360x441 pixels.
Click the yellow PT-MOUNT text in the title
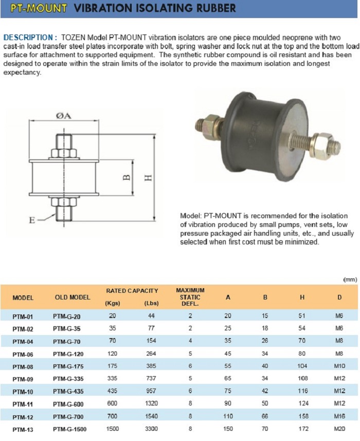39,8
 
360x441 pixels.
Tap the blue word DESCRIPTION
28,38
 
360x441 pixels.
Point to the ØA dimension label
63,116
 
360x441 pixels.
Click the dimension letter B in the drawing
127,178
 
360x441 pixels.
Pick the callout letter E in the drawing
32,220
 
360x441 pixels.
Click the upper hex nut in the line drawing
64,153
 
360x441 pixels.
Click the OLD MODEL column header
73,297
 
